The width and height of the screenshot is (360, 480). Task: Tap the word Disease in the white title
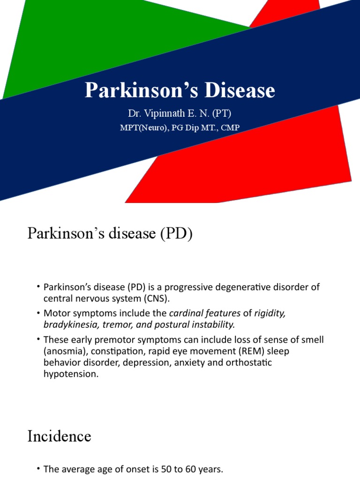tap(235, 90)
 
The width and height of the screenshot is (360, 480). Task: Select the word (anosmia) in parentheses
tap(64, 351)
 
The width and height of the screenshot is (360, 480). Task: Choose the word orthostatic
tap(245, 362)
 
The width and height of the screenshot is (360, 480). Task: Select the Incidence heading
tap(59, 437)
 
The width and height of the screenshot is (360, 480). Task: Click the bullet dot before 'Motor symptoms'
tap(37, 313)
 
